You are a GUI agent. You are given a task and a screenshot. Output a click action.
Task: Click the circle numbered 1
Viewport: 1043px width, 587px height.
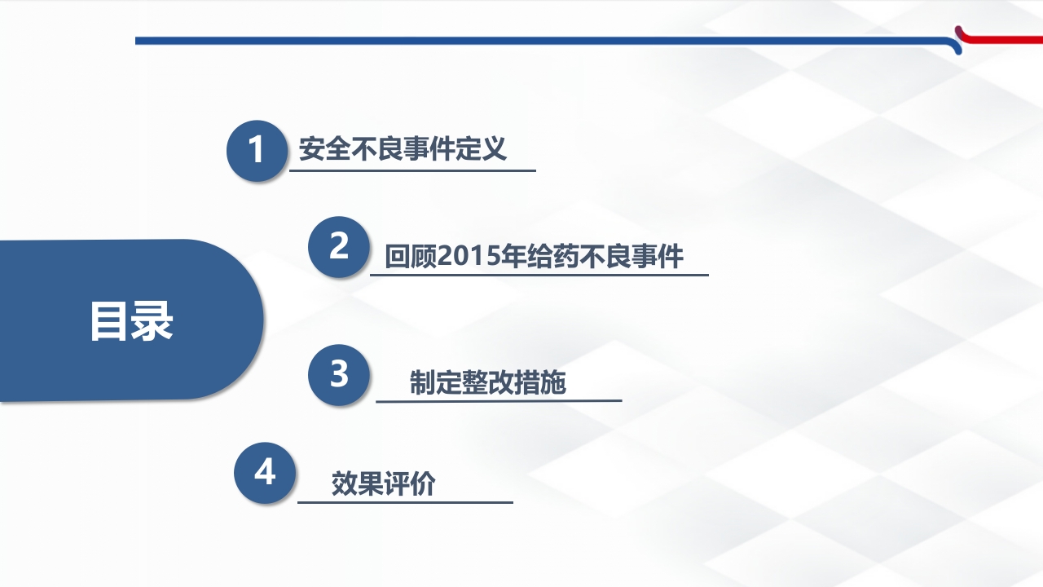click(256, 151)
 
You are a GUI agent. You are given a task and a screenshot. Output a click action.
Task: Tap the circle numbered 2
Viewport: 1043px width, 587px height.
click(339, 247)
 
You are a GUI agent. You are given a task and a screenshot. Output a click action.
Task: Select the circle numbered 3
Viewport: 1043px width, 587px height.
click(339, 375)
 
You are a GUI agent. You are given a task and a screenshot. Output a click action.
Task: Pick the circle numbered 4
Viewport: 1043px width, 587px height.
click(265, 473)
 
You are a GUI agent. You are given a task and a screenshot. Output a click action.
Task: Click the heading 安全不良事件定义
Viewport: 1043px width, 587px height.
click(403, 150)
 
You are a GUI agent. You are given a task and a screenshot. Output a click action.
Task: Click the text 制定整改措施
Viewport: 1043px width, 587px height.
click(487, 383)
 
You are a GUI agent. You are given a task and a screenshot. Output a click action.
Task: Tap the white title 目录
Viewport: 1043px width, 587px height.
click(131, 321)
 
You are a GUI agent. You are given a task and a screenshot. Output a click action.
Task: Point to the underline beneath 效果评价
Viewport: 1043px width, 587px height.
click(405, 502)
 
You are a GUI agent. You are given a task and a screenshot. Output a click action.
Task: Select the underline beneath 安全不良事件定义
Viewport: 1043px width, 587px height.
click(412, 170)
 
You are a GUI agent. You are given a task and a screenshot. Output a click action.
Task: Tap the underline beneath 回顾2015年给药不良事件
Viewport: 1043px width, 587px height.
click(539, 275)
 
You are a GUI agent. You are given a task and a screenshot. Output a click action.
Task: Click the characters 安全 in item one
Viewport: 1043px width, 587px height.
click(325, 150)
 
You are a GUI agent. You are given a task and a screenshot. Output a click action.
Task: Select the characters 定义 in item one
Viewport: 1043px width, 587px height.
click(482, 150)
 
